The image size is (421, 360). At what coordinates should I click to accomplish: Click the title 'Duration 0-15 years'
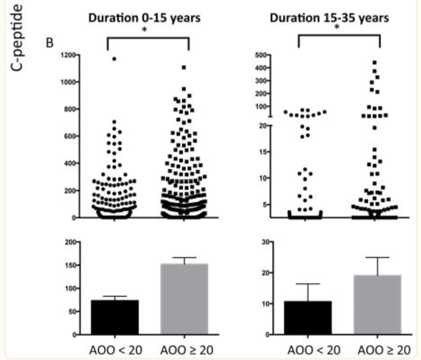(x=145, y=18)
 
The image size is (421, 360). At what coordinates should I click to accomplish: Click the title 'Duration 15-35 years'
(x=329, y=17)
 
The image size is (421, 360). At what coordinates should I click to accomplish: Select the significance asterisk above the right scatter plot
(x=339, y=42)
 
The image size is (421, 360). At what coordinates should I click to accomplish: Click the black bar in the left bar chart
(x=115, y=317)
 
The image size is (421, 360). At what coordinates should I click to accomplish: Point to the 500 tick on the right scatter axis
(x=258, y=55)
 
